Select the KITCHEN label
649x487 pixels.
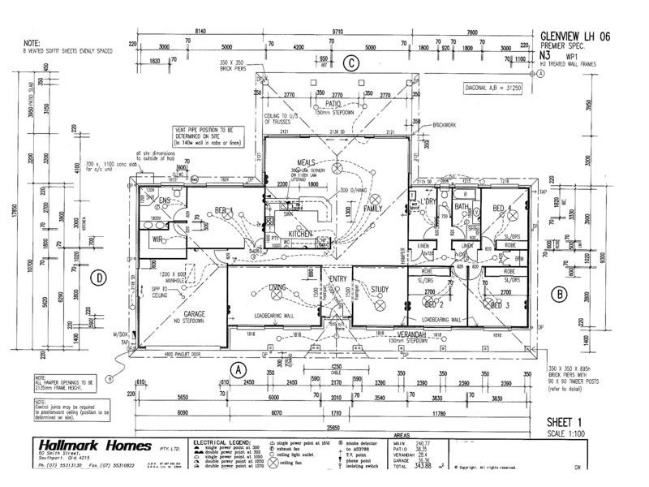tap(300, 234)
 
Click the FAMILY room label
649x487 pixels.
tap(372, 209)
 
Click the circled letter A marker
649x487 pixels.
tap(239, 368)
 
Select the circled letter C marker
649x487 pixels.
tap(350, 62)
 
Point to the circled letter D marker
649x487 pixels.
tap(100, 277)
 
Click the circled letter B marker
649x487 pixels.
tap(558, 293)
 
